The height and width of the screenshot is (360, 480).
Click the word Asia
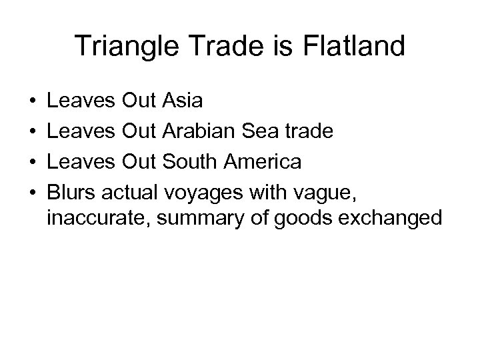coord(183,101)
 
